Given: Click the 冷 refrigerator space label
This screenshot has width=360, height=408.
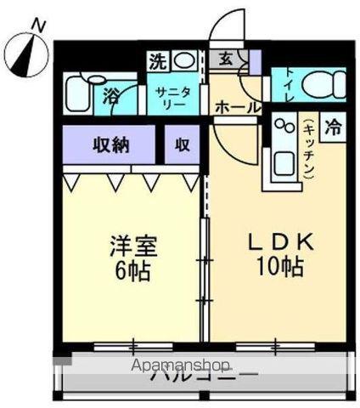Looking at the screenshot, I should (x=334, y=129).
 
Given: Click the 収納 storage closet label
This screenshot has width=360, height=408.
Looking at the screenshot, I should (x=110, y=144).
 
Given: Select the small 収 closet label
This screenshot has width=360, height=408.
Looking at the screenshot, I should (x=182, y=144).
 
